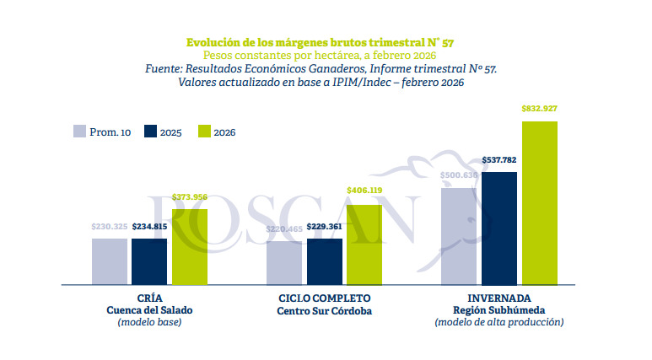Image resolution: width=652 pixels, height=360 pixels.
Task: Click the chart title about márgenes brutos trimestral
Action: coord(325,41)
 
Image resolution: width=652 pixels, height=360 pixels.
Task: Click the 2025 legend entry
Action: coord(163,132)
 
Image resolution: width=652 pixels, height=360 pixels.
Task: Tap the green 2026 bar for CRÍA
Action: coord(190,246)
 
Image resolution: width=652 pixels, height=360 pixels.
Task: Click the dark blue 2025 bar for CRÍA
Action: coord(149,261)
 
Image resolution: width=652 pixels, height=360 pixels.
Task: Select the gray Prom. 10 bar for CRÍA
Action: coord(110,261)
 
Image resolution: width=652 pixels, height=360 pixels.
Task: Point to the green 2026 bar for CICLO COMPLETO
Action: coord(364,244)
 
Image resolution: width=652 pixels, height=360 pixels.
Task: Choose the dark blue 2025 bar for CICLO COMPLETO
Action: coord(325,262)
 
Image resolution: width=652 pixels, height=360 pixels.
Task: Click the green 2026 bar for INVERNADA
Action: coord(540,202)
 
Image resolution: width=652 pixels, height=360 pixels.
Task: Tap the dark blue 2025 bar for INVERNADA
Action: coord(499,228)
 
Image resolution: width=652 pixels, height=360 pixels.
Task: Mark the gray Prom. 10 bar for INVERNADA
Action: coord(459,236)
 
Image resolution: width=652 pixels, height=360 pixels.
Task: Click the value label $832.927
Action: coord(540,109)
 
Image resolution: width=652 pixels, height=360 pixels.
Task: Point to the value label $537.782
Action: coord(499,159)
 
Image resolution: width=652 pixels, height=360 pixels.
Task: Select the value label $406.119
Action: coord(364,191)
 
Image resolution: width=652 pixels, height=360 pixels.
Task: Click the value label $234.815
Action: coord(149,226)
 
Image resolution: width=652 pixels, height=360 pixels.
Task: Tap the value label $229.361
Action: coord(325,227)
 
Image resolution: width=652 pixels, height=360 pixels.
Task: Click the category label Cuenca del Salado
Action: coord(149,310)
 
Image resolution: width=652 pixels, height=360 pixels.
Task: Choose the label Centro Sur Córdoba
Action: coord(324,310)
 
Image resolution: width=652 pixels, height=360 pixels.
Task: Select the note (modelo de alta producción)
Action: coord(499,322)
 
